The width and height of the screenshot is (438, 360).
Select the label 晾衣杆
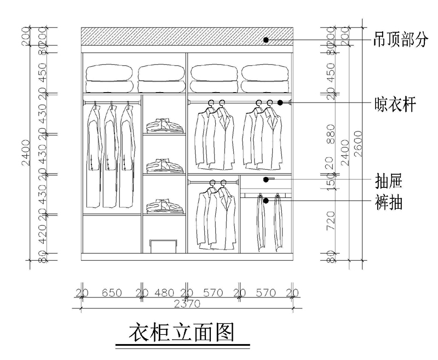393,104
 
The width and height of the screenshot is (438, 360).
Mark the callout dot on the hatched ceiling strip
266,39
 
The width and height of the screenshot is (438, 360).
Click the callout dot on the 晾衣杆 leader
280,102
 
